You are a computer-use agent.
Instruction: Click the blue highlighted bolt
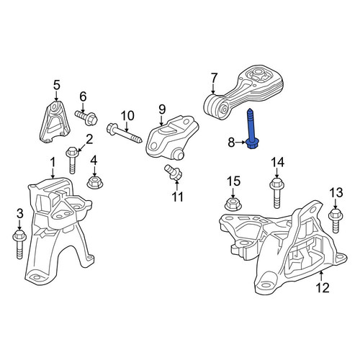[251, 129]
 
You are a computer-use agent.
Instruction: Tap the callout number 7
[214, 79]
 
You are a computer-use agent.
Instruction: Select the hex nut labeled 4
[94, 182]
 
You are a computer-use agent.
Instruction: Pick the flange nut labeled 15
[233, 204]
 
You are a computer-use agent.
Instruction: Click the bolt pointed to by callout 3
[19, 243]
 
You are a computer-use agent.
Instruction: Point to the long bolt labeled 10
[125, 133]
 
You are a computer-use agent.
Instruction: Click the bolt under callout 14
[277, 193]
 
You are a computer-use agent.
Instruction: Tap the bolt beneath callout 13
[336, 221]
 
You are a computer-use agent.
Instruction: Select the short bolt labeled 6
[86, 117]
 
